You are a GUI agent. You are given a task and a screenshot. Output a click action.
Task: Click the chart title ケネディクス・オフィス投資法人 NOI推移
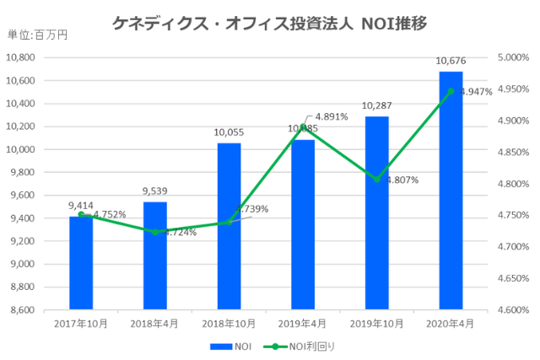(270, 24)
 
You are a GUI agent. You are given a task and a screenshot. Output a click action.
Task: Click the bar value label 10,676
(451, 61)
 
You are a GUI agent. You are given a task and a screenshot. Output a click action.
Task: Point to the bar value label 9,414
(81, 205)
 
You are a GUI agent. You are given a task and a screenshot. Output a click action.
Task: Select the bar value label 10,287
(376, 105)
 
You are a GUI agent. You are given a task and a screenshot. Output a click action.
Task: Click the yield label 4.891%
(331, 117)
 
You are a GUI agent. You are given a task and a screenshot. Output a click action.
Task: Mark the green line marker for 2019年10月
(376, 180)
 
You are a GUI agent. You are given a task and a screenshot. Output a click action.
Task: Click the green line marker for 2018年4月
(155, 232)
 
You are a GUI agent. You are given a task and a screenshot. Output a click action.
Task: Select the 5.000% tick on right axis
(511, 57)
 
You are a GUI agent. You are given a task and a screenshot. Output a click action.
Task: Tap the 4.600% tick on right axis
(511, 309)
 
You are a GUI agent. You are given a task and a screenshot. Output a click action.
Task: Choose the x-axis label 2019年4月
(303, 323)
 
